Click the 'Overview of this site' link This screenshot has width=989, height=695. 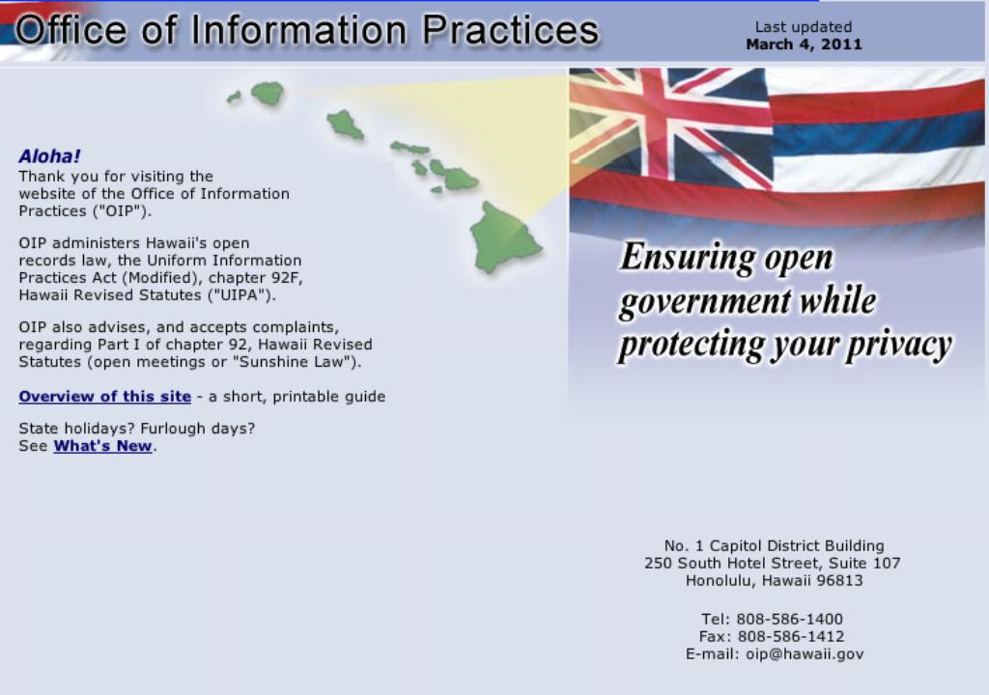(x=104, y=396)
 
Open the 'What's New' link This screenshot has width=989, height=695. (x=102, y=446)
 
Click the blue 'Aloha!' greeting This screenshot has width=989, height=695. (x=49, y=155)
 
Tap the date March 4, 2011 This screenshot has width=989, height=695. (x=804, y=44)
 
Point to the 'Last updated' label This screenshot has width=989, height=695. (x=804, y=27)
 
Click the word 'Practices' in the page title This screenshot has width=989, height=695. (x=510, y=30)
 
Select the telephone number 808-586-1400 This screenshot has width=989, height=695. (x=789, y=619)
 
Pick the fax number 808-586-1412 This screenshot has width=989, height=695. (x=791, y=636)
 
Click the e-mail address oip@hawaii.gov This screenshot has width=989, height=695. (x=805, y=654)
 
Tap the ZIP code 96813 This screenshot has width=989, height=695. (x=839, y=580)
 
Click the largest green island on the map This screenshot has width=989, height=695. (x=504, y=237)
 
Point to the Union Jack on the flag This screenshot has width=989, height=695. (x=670, y=126)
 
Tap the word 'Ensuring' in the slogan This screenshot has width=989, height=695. (x=687, y=258)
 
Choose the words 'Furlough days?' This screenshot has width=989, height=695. (x=197, y=429)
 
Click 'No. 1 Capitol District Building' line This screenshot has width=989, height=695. (x=774, y=545)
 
